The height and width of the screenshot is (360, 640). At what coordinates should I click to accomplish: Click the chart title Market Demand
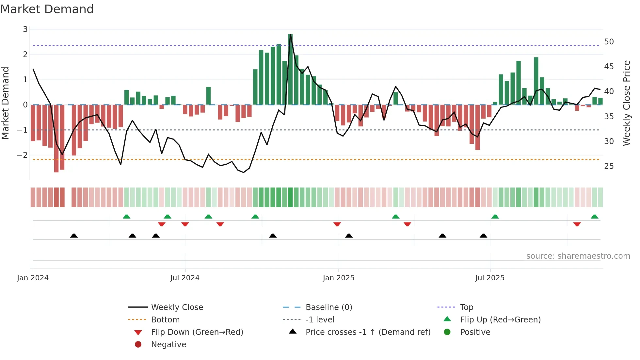pyautogui.click(x=47, y=9)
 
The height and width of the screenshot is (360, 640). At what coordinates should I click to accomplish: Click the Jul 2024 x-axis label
pyautogui.click(x=185, y=278)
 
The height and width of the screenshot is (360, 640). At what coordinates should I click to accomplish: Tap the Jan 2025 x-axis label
pyautogui.click(x=339, y=278)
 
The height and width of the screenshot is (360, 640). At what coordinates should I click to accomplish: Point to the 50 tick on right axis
pyautogui.click(x=609, y=42)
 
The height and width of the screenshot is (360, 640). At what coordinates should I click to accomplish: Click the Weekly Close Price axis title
pyautogui.click(x=626, y=103)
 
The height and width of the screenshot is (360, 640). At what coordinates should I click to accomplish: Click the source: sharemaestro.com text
pyautogui.click(x=578, y=256)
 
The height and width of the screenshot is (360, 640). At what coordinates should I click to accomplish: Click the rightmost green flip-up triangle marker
pyautogui.click(x=595, y=217)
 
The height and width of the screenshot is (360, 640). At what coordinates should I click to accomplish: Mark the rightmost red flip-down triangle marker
pyautogui.click(x=577, y=224)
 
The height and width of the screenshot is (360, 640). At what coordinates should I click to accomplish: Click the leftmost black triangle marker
pyautogui.click(x=74, y=236)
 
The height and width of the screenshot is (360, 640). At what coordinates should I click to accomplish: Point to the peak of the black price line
pyautogui.click(x=291, y=34)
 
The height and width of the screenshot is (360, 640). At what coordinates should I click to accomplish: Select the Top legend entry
pyautogui.click(x=467, y=307)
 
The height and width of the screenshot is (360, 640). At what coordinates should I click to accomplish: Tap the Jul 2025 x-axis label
pyautogui.click(x=490, y=278)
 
